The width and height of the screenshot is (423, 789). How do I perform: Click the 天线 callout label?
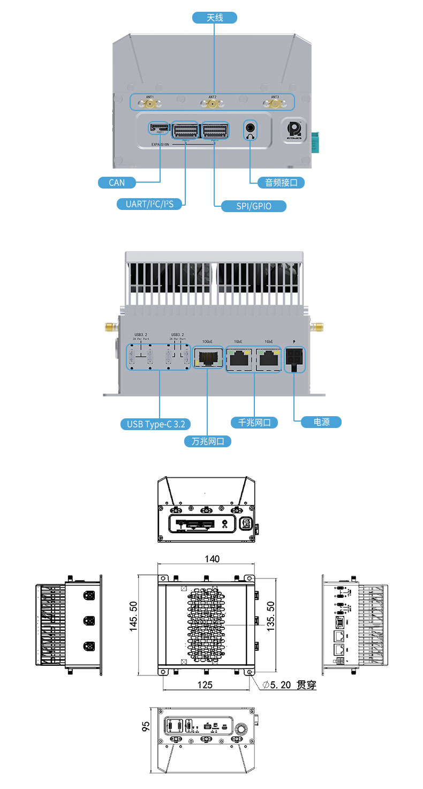click(x=215, y=18)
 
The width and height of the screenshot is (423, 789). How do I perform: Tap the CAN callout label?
click(x=117, y=183)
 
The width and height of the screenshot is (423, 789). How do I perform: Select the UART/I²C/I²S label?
click(x=149, y=204)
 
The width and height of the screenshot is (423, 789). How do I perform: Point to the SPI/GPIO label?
click(x=254, y=206)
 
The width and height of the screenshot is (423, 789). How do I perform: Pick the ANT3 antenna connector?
click(x=275, y=103)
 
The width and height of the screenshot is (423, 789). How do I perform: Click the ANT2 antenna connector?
click(x=213, y=103)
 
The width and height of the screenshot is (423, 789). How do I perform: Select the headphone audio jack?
click(x=251, y=129)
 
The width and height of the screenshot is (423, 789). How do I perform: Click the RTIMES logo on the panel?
click(x=293, y=130)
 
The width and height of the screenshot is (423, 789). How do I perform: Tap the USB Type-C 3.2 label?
click(x=156, y=424)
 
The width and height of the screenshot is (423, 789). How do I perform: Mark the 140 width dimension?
click(x=212, y=559)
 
